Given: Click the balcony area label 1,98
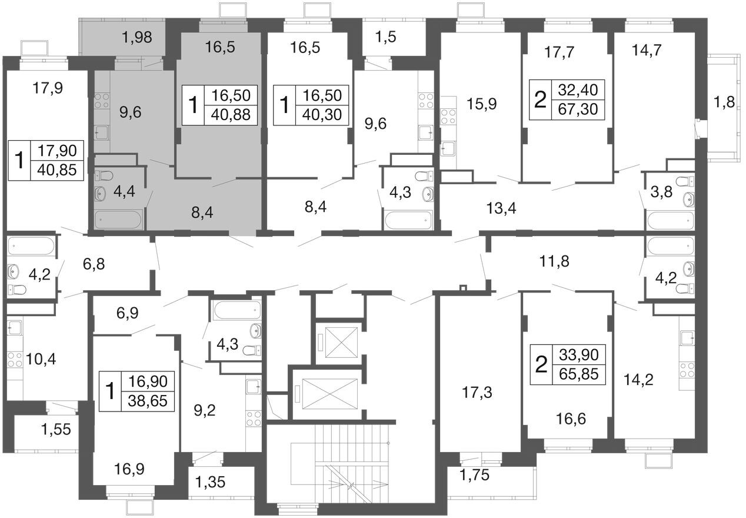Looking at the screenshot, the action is coord(137,37).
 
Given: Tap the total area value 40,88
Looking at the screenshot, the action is coord(231,115).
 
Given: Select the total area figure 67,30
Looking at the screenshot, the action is coord(578,109).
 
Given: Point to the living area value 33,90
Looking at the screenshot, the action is coord(579,354).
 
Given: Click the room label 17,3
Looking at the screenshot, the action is coord(477,393).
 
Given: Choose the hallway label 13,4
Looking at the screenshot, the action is coord(501,208).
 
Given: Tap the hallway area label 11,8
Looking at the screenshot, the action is coord(554,261).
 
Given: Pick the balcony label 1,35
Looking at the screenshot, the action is coord(210,482).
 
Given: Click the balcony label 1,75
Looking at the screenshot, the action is coord(474,475).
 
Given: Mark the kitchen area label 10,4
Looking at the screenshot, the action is coord(41,359).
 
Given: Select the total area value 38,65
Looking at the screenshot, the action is coord(148,401).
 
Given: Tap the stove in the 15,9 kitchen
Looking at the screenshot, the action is coord(448,117).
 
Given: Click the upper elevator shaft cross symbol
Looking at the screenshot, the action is coord(341,343).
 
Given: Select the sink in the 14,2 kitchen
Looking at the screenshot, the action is coord(687,340).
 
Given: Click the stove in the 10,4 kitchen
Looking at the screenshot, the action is coord(14,360).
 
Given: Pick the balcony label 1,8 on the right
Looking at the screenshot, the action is coord(724,102).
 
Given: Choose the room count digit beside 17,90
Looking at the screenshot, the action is coord(19,160).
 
